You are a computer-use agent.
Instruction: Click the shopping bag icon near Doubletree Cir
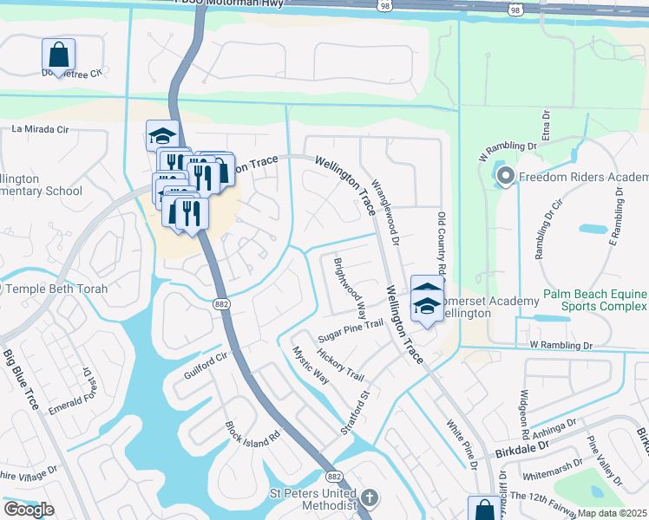pyautogui.click(x=58, y=55)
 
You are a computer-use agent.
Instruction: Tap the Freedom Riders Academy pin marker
pyautogui.click(x=506, y=177)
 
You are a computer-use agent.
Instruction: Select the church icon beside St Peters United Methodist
pyautogui.click(x=370, y=497)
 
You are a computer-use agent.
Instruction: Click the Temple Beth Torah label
pyautogui.click(x=58, y=289)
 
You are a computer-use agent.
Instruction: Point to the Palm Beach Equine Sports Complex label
pyautogui.click(x=595, y=300)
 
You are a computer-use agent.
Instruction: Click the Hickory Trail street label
pyautogui.click(x=340, y=365)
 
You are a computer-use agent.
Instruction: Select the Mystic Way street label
pyautogui.click(x=311, y=366)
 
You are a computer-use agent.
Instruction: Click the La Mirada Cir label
pyautogui.click(x=40, y=129)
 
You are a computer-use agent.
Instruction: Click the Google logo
pyautogui.click(x=29, y=510)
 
